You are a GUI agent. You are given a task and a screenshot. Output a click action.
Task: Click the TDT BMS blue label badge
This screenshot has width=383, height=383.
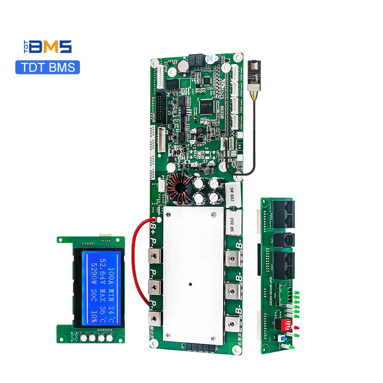click(x=47, y=67)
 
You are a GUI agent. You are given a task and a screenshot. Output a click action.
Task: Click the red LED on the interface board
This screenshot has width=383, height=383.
click(x=297, y=327)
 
